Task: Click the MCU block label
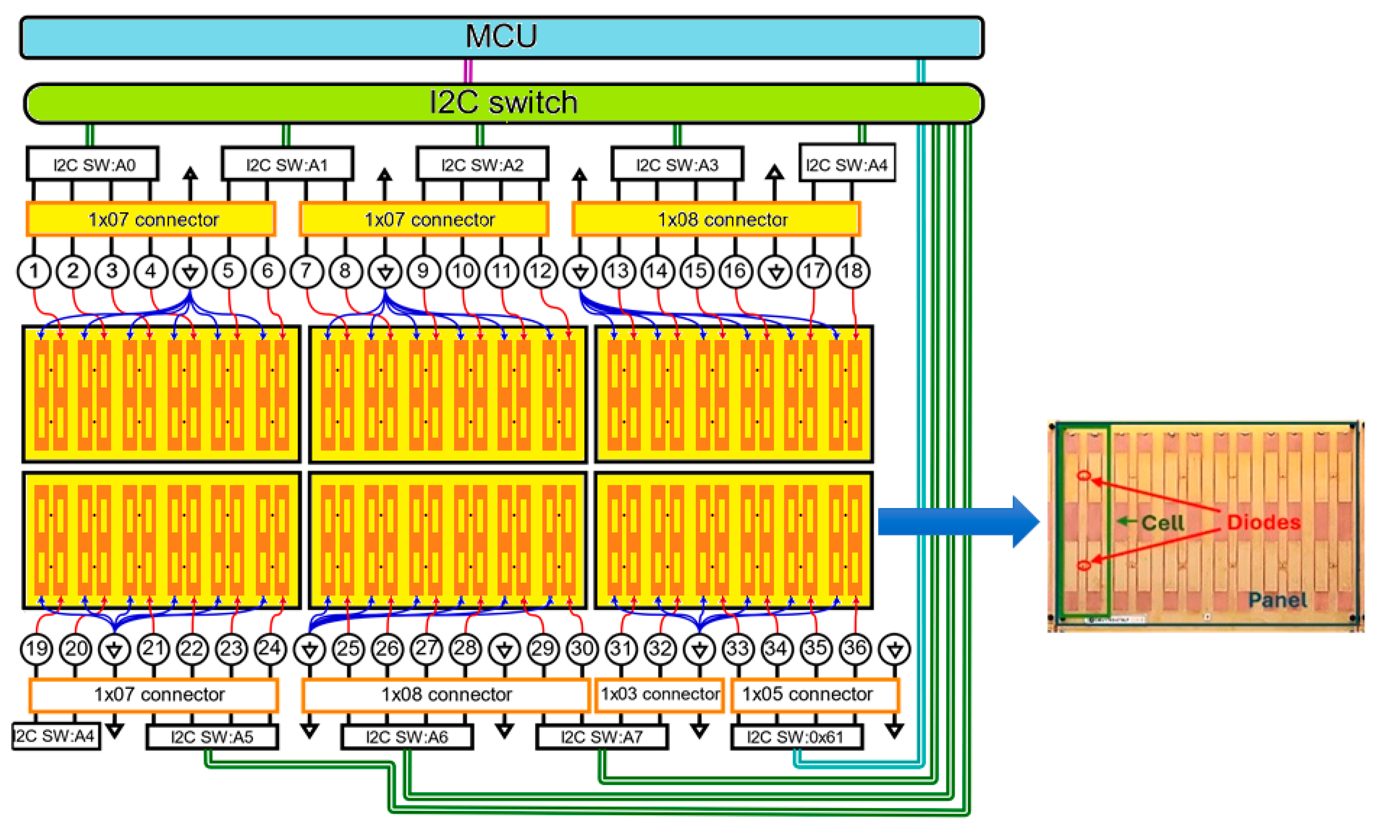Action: click(x=501, y=37)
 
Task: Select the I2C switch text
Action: click(x=503, y=103)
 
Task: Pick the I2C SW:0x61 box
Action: click(x=796, y=737)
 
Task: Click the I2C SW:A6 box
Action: click(x=407, y=737)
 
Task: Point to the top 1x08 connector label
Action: click(x=722, y=219)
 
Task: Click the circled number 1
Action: click(x=34, y=271)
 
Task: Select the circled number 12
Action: click(x=540, y=271)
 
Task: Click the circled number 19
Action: click(x=37, y=649)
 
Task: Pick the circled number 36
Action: click(x=855, y=649)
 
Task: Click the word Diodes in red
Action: click(x=1263, y=522)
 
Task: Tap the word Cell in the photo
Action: click(x=1162, y=523)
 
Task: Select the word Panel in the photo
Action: click(x=1277, y=600)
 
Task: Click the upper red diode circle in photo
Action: click(x=1084, y=475)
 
